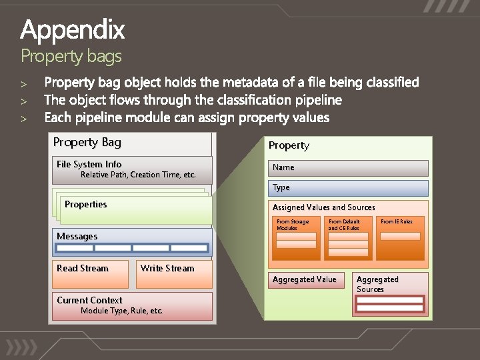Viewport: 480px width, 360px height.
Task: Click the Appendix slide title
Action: click(72, 30)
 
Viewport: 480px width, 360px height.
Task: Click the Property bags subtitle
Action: click(71, 56)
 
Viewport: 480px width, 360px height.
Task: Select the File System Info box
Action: click(132, 170)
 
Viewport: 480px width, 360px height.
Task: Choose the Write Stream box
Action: click(173, 274)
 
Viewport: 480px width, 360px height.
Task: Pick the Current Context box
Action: click(132, 306)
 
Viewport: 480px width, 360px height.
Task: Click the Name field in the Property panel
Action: click(349, 167)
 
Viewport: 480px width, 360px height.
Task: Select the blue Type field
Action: click(349, 188)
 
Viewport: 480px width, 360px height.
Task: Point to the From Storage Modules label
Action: click(293, 225)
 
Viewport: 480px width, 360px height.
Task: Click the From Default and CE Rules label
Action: click(344, 225)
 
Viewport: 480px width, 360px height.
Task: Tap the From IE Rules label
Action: click(396, 221)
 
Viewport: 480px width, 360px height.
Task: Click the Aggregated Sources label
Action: click(377, 284)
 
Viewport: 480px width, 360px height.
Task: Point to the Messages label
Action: click(77, 237)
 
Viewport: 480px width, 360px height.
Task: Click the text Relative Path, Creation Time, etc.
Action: click(138, 175)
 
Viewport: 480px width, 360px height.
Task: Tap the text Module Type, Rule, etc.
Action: click(121, 311)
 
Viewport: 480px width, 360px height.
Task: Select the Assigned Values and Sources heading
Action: click(323, 207)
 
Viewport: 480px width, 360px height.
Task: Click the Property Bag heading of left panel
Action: click(87, 142)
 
